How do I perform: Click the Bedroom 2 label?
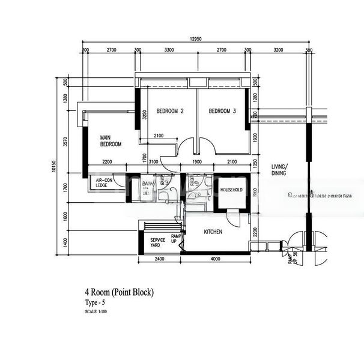coord(170,111)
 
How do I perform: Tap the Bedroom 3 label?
coord(222,111)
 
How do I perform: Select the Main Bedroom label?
coord(111,141)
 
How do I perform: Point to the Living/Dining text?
coord(280,169)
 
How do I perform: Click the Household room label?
coord(231,190)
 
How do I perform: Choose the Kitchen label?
coord(213,232)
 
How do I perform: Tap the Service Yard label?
coord(159,242)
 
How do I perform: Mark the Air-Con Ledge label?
coord(105,182)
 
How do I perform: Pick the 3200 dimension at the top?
coord(278,51)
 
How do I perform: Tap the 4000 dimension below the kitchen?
coord(216,260)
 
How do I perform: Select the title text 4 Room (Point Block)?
coord(119,293)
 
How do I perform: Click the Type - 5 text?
coord(95,304)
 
